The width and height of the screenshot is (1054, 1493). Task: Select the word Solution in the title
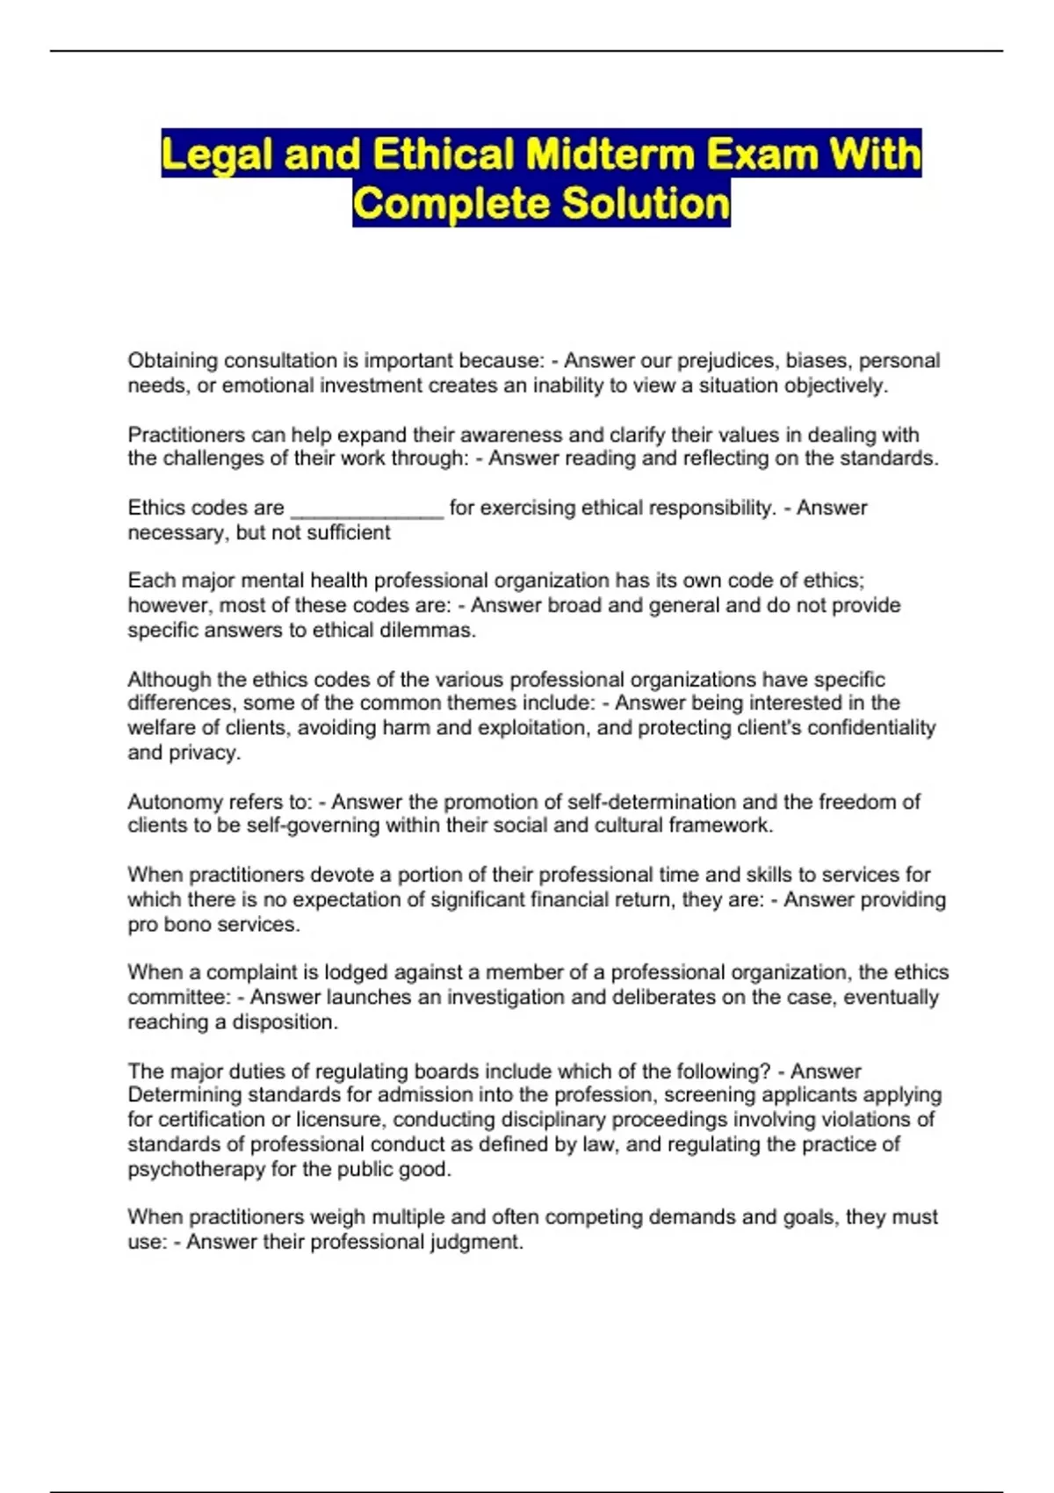point(646,204)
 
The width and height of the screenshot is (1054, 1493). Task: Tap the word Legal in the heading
point(217,155)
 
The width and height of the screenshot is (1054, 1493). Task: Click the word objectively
point(835,386)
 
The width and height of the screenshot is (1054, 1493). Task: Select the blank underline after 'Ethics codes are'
point(366,509)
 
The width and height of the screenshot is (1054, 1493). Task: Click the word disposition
point(285,1022)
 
